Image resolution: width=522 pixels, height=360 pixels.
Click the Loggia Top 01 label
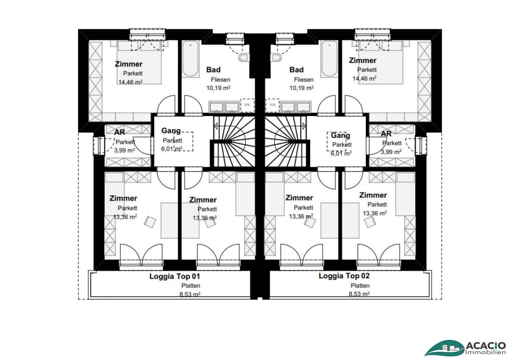point(174,276)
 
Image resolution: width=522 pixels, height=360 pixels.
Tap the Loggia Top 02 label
point(344,276)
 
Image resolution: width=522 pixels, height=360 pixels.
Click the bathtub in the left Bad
point(191,59)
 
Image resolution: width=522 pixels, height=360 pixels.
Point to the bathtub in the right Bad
point(329,59)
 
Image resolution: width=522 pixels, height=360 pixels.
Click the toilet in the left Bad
point(244,58)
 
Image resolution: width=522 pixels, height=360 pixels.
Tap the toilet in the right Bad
point(276,58)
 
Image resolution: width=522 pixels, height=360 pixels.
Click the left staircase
point(234,141)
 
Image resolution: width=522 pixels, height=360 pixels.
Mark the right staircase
point(287,141)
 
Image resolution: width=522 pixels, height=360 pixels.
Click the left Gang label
point(171,131)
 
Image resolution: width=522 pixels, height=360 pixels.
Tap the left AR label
point(119,132)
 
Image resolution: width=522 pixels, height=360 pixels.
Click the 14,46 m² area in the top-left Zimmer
point(130,82)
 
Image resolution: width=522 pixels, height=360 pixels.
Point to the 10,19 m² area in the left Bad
point(218,88)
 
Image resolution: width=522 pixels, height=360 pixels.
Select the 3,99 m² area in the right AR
point(391,152)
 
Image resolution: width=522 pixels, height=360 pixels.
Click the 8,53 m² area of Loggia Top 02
point(359,294)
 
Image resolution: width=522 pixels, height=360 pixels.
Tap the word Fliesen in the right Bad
point(304,80)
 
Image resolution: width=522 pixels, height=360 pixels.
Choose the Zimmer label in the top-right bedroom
point(363,61)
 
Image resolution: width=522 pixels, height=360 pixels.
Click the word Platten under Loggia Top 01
point(191,285)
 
